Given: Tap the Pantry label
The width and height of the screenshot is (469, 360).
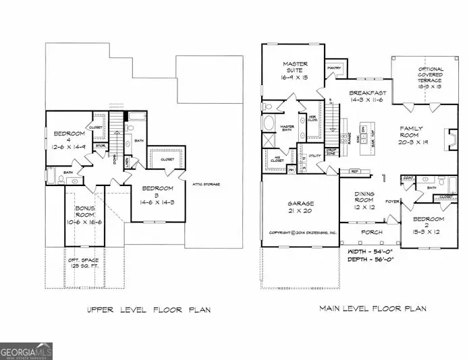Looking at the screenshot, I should [x=334, y=67].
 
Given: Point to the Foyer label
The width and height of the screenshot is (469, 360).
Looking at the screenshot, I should [x=391, y=201].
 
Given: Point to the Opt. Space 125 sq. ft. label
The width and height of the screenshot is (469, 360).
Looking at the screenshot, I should [x=86, y=264].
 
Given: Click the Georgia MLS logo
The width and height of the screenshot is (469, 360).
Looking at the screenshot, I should [x=26, y=351].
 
